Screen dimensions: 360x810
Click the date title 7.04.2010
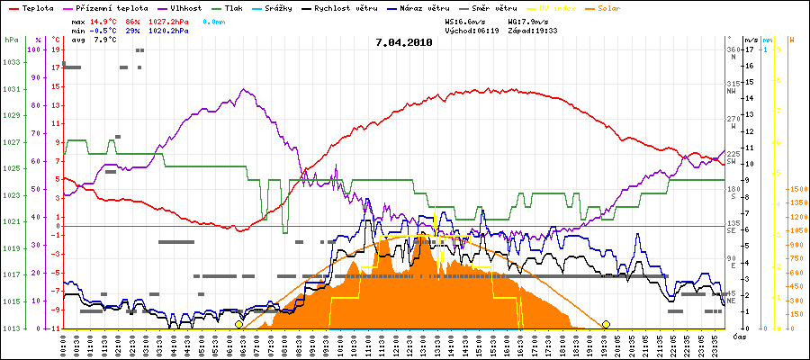point(404,42)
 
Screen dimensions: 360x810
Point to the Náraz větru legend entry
point(424,7)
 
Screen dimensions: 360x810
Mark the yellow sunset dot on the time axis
point(606,324)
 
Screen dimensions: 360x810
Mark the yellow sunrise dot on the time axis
point(238,324)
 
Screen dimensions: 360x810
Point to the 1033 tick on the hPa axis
point(11,63)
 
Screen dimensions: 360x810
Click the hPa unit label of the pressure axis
point(11,40)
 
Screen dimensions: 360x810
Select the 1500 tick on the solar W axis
point(797,190)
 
